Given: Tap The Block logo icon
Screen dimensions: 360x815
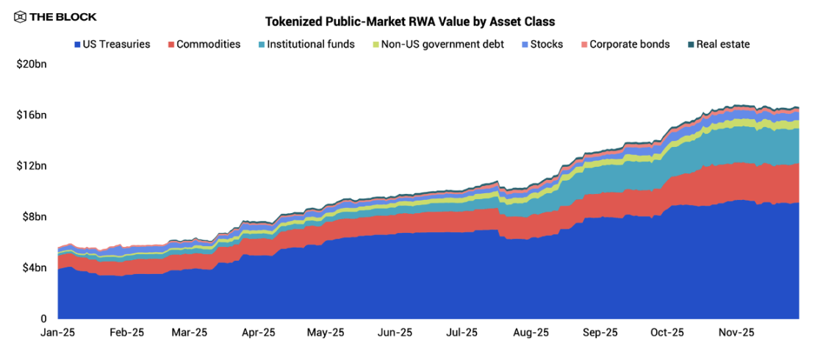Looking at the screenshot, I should coord(20,17).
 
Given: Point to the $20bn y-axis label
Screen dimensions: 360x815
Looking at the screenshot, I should coord(31,65).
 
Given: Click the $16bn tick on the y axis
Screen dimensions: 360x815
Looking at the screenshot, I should coord(31,115).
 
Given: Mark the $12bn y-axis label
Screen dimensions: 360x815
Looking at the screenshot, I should coord(31,166).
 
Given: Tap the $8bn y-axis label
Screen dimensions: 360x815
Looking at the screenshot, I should coord(34,217).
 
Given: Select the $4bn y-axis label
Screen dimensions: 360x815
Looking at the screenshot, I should coord(34,267).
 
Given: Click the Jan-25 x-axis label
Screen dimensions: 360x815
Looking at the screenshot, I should coord(58,332).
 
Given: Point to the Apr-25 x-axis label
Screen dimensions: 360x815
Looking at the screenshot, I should coord(259,332).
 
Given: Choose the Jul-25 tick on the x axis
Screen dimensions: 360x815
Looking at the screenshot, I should coord(462,332).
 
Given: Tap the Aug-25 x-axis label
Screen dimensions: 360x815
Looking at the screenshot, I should coord(531,332).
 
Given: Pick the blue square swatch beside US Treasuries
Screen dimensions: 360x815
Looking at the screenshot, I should coord(77,45).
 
